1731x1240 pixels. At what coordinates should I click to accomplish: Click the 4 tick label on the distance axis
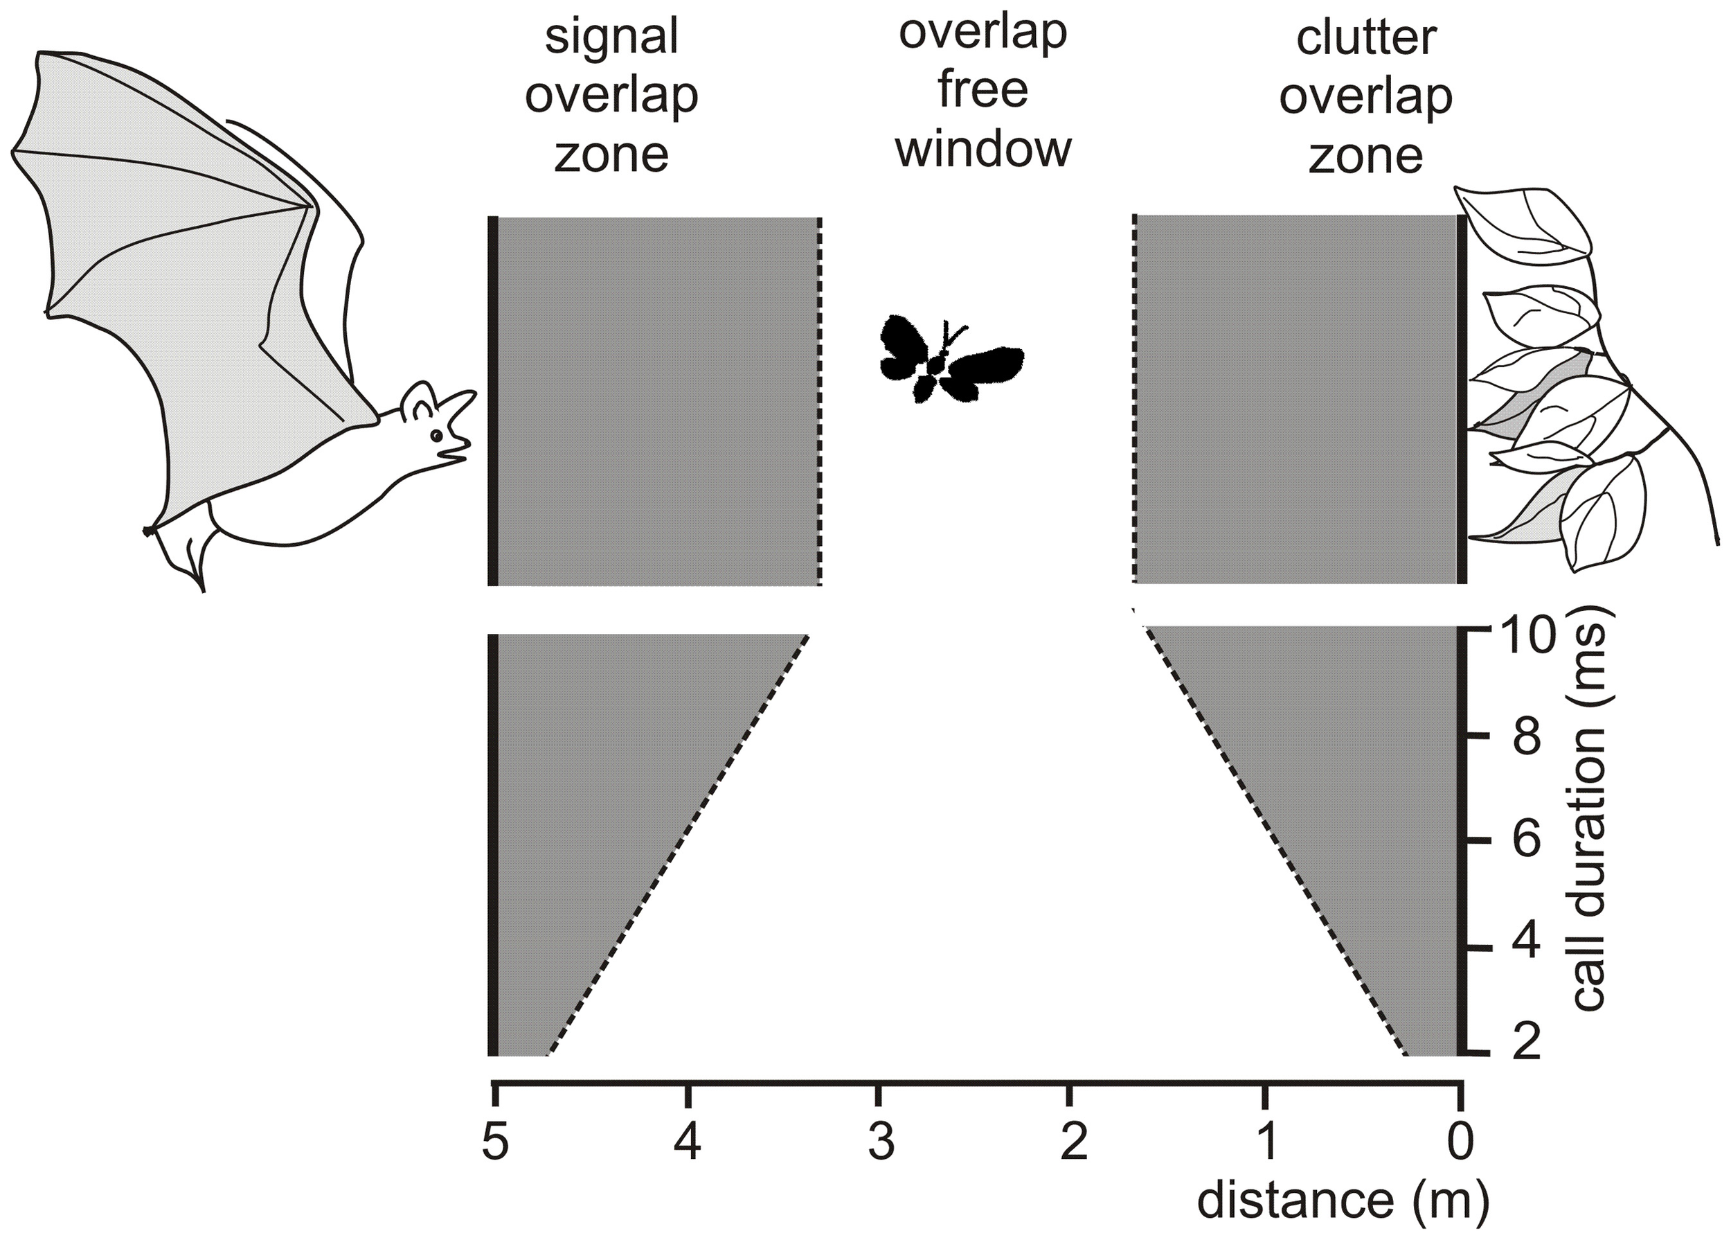click(688, 1144)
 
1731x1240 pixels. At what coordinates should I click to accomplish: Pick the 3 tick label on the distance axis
click(881, 1144)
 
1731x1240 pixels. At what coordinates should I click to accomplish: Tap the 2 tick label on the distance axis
click(1074, 1144)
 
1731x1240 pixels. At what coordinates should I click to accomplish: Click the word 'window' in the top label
click(983, 148)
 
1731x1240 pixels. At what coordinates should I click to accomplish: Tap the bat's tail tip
click(201, 589)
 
